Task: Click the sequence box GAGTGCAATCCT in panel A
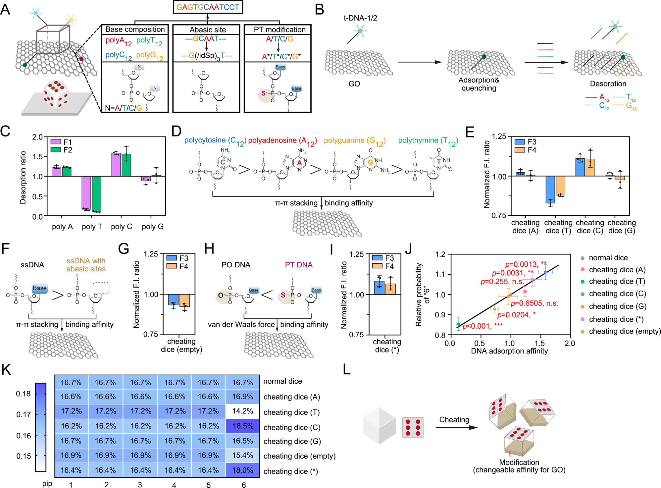point(208,7)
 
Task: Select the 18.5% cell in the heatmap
point(243,426)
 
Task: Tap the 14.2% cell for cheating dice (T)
point(243,411)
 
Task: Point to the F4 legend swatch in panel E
point(520,150)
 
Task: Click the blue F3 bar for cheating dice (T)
point(550,189)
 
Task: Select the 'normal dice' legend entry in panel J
point(608,258)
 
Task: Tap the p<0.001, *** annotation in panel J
point(483,326)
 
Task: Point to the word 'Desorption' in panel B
point(608,84)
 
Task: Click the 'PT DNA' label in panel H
point(299,265)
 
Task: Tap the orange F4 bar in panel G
point(184,300)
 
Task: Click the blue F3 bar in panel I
point(379,288)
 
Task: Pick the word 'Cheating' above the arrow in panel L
point(454,420)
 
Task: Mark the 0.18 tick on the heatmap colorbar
point(23,394)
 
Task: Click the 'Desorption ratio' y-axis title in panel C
point(23,177)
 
